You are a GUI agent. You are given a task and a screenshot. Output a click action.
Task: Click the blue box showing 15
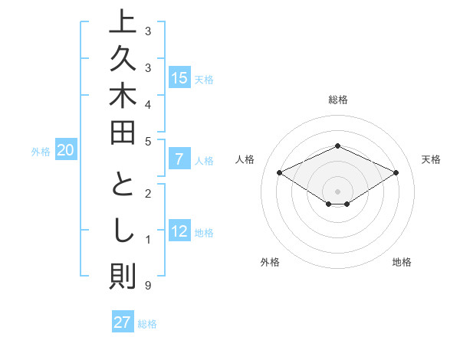179,77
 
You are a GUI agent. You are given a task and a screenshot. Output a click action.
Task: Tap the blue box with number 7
179,159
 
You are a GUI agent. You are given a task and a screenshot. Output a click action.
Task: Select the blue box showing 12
179,231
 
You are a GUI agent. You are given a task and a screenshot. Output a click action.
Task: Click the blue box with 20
66,150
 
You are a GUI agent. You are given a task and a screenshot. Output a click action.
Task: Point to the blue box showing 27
123,322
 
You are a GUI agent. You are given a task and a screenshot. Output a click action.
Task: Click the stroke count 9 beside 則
147,286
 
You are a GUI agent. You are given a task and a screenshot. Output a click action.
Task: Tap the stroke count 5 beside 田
147,140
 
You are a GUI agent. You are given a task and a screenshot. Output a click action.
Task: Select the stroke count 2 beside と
147,193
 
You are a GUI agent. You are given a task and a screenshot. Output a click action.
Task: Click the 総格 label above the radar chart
337,100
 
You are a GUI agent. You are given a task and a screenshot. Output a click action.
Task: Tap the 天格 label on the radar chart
432,159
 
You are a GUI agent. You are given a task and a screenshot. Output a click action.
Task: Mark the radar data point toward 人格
280,173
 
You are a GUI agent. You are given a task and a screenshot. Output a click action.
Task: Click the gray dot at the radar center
337,191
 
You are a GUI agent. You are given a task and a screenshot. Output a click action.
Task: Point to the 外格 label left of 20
40,152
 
